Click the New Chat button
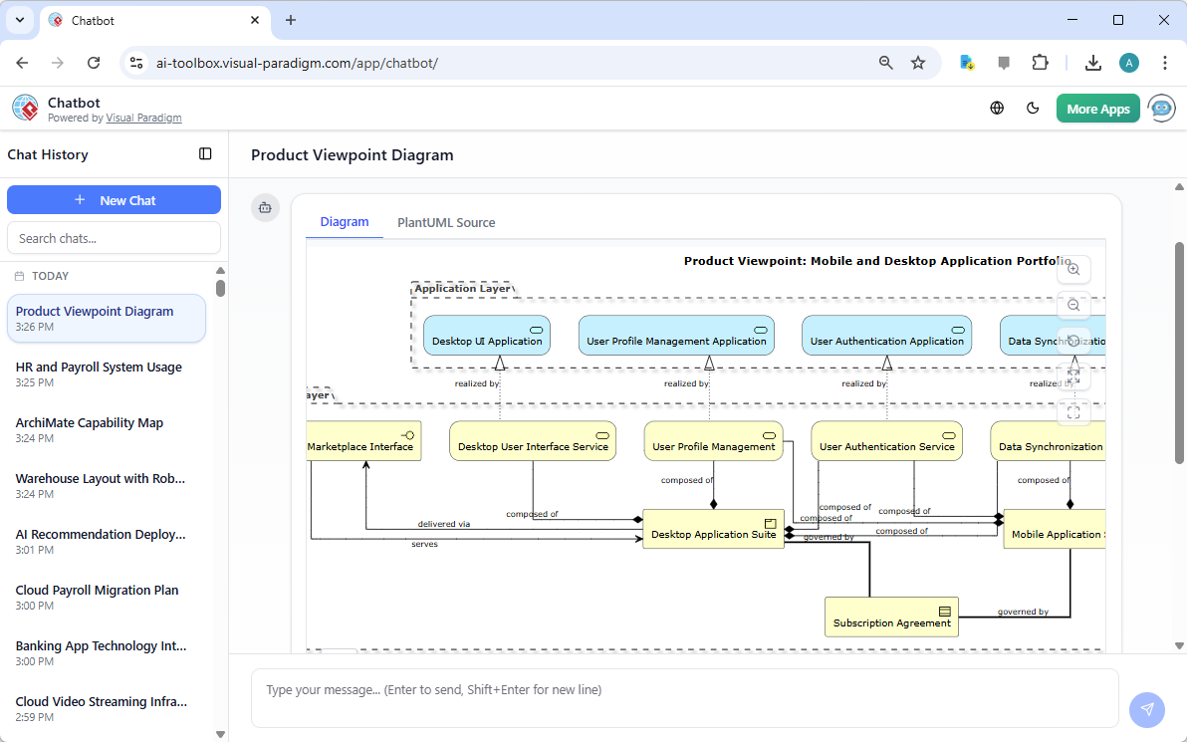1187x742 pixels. tap(114, 200)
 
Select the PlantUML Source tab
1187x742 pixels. tap(446, 222)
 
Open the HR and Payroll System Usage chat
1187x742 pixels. tap(99, 368)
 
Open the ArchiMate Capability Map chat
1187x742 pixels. tap(90, 423)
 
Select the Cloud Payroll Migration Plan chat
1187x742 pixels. tap(98, 591)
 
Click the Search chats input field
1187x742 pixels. tap(114, 238)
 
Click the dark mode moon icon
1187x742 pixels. tap(1033, 109)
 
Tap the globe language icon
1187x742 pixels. tap(997, 109)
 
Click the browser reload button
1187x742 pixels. tap(94, 63)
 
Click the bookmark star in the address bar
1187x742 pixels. tap(918, 63)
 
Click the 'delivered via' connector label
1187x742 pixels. tap(444, 524)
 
